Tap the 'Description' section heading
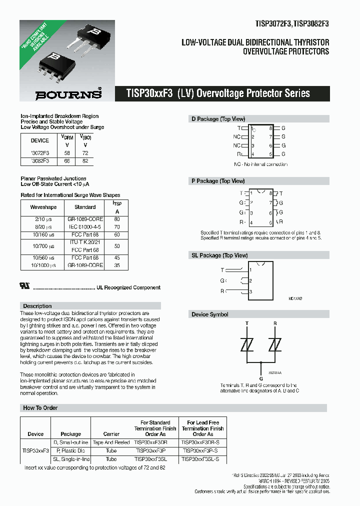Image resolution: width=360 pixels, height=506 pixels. pyautogui.click(x=37, y=306)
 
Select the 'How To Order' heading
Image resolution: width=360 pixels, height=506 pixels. pyautogui.click(x=40, y=408)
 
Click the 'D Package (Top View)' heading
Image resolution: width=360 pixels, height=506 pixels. pyautogui.click(x=218, y=119)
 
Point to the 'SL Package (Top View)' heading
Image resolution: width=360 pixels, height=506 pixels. pyautogui.click(x=219, y=255)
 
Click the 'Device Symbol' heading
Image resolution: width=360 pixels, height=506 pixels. pyautogui.click(x=210, y=314)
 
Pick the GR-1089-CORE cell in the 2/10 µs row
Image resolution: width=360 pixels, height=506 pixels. pyautogui.click(x=85, y=219)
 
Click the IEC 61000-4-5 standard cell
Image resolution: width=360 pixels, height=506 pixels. pyautogui.click(x=85, y=226)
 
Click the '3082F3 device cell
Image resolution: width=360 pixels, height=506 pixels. pyautogui.click(x=40, y=161)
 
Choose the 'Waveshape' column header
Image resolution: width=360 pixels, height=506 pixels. pyautogui.click(x=43, y=207)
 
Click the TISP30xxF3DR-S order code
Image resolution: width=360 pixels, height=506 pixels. pyautogui.click(x=200, y=442)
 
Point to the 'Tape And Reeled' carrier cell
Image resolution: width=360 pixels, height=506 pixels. pyautogui.click(x=111, y=442)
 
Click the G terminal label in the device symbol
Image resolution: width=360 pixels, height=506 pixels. pyautogui.click(x=260, y=378)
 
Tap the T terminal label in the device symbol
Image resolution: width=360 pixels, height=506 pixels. pyautogui.click(x=246, y=323)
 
